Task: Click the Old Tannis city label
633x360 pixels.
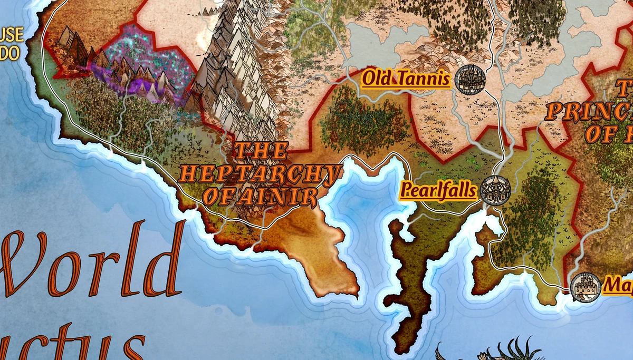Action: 406,80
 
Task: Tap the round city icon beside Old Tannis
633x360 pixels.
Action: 469,80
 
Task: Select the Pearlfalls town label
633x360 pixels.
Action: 438,190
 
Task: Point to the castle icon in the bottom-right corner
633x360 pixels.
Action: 585,287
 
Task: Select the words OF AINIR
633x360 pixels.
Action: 261,197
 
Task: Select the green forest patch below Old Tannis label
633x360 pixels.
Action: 359,121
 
